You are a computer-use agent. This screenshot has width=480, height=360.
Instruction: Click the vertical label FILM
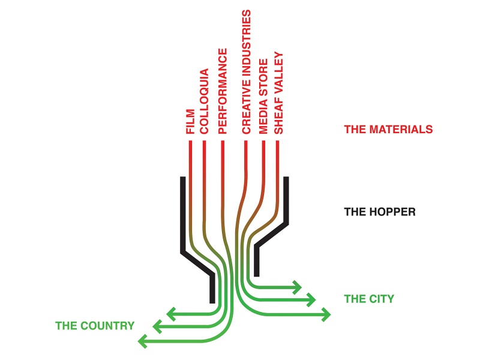[x=191, y=122]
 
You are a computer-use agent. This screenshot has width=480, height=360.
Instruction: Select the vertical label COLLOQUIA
[x=204, y=101]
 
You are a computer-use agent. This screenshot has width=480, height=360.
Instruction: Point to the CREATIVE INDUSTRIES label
[x=246, y=71]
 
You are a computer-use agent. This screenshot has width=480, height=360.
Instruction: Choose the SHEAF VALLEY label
[x=278, y=92]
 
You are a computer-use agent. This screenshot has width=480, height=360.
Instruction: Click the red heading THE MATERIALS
[x=388, y=129]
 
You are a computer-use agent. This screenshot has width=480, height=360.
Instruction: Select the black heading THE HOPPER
[x=380, y=212]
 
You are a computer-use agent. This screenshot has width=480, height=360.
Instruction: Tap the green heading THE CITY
[x=369, y=298]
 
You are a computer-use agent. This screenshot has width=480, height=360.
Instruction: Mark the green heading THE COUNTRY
[x=95, y=326]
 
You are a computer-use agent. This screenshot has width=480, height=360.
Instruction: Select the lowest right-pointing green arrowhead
[x=326, y=313]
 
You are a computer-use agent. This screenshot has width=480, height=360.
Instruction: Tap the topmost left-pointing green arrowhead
[x=170, y=313]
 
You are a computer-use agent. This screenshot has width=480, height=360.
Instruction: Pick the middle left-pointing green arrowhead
[x=157, y=327]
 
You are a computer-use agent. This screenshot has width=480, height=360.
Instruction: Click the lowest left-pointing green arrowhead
[x=142, y=341]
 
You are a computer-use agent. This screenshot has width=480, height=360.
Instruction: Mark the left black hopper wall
[x=182, y=216]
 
